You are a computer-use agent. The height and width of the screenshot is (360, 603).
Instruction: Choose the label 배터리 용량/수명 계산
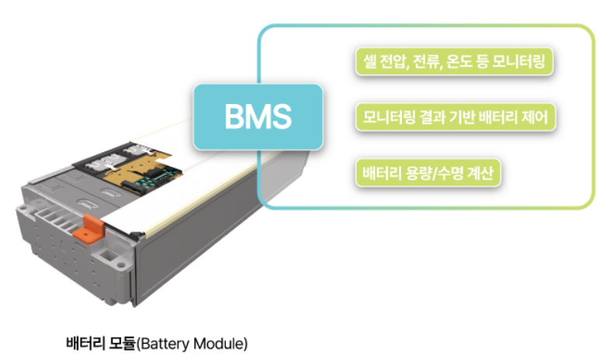point(426,172)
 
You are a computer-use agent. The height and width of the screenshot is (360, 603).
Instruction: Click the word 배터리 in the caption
point(87,342)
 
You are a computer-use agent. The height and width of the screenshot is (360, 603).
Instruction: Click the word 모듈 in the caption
point(123,342)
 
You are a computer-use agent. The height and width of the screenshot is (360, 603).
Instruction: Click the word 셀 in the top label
point(369,61)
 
